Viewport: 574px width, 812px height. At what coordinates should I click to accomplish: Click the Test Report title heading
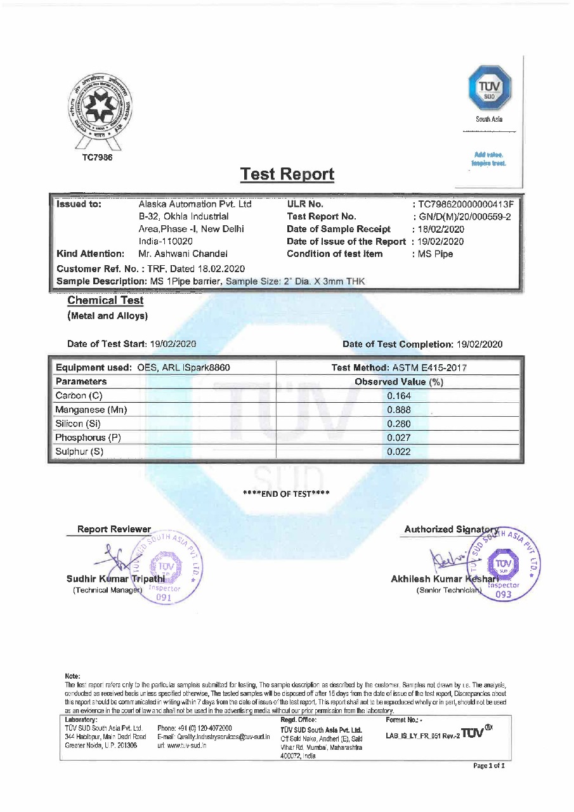click(287, 174)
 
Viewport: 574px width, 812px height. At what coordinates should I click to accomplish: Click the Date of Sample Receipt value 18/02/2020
click(441, 229)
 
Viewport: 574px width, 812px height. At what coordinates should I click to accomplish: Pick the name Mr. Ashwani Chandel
click(179, 254)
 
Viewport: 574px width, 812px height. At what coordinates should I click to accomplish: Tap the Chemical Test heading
click(105, 301)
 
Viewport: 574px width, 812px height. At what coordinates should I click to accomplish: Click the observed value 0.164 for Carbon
click(399, 396)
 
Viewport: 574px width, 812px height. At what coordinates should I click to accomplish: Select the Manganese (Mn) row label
click(91, 410)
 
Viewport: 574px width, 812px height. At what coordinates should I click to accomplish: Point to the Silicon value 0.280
click(399, 424)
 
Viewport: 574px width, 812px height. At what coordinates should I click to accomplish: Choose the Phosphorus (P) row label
click(88, 438)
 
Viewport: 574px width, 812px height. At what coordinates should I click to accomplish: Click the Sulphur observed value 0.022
click(399, 452)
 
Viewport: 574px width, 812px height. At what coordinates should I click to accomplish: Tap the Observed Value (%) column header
click(399, 382)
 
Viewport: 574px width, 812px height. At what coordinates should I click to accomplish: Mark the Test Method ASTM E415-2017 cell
click(399, 368)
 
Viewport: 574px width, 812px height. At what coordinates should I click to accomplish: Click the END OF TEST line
click(287, 494)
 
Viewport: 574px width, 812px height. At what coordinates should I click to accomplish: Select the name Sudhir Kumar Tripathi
click(115, 579)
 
